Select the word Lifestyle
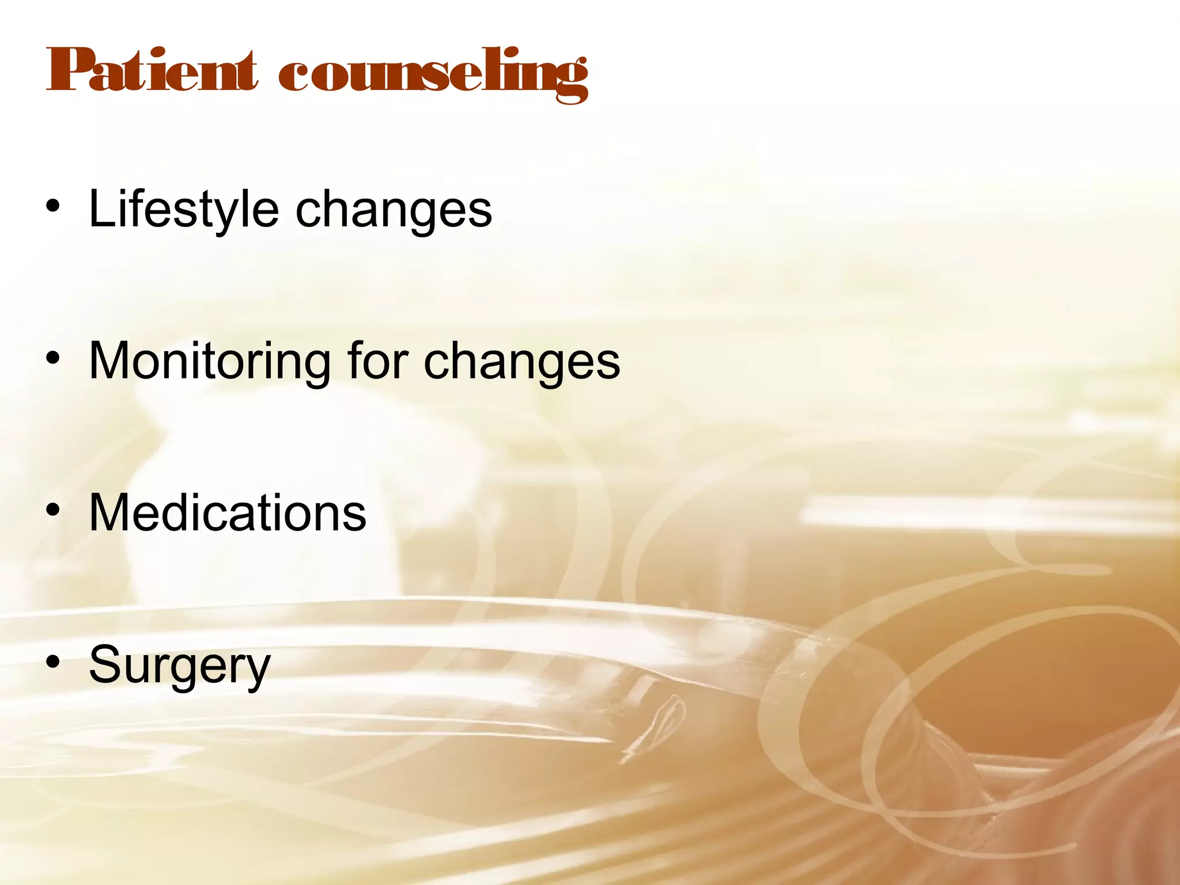[x=183, y=210]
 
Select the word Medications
[x=228, y=512]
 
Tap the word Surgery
[x=179, y=665]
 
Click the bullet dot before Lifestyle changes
[x=54, y=207]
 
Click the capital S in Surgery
[x=105, y=664]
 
